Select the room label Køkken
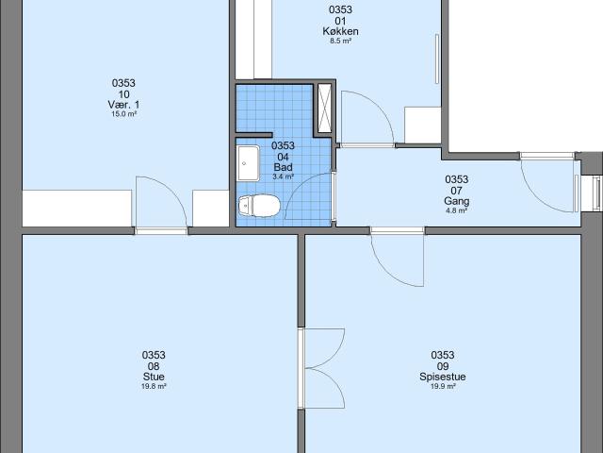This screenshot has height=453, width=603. pos(340,31)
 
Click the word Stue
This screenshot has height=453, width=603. pos(154,376)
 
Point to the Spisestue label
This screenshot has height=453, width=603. pos(443,376)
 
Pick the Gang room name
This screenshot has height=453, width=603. pos(456,201)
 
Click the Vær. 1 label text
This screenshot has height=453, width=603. pos(123,103)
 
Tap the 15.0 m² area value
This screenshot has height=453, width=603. pos(123,113)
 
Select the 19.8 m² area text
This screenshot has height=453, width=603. pos(154,386)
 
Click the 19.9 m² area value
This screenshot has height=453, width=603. pos(443,386)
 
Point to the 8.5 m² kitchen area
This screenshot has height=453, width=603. pos(340,42)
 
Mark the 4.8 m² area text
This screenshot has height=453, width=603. pos(456,210)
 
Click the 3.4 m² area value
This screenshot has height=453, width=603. pos(283,176)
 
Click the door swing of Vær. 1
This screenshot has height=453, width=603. pos(155,200)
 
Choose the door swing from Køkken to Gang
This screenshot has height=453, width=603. pos(363,118)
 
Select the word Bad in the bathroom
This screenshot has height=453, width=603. pos(283,167)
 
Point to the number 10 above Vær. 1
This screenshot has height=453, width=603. pos(123,92)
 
